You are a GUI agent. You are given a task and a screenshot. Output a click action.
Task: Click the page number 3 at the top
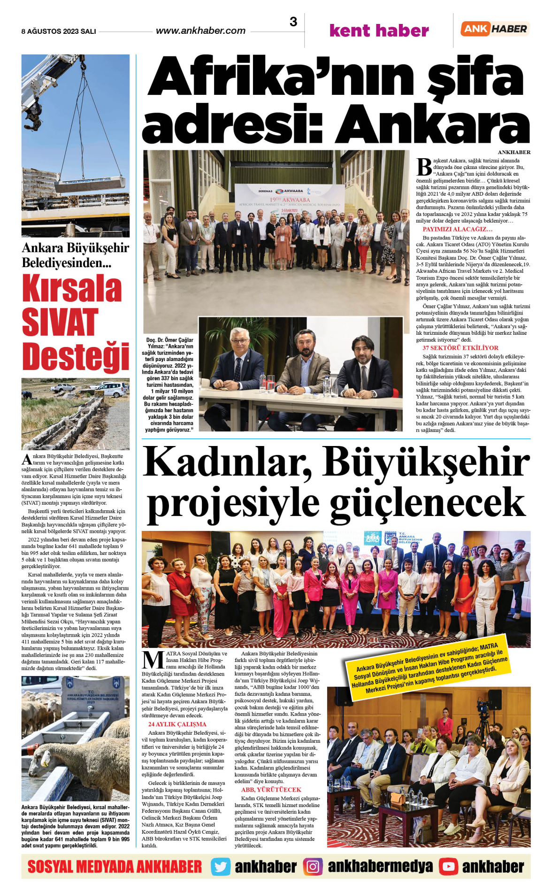(293, 22)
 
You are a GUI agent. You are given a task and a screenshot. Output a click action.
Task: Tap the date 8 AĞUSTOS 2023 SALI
(59, 31)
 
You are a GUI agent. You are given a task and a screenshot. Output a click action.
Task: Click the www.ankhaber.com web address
(200, 31)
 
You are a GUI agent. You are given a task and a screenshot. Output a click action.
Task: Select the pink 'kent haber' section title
(379, 31)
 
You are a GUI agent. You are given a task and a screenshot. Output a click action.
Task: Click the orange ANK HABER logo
(495, 29)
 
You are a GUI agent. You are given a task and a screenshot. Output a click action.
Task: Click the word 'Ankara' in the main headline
(432, 123)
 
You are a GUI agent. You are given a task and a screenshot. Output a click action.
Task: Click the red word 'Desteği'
(76, 356)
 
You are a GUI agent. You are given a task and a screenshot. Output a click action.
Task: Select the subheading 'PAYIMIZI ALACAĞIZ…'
(457, 229)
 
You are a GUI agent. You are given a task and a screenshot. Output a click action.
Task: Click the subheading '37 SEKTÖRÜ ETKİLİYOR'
(460, 348)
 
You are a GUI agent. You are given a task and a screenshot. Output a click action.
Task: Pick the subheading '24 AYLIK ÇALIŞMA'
(177, 724)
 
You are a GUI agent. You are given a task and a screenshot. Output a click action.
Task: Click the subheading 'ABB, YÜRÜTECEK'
(271, 790)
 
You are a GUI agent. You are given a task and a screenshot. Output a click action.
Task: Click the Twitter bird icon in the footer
(221, 867)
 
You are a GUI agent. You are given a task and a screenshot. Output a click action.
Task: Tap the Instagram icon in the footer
(313, 867)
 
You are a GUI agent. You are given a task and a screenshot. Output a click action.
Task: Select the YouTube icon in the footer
(448, 867)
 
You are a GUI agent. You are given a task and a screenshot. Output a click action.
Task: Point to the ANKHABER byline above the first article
(514, 152)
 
